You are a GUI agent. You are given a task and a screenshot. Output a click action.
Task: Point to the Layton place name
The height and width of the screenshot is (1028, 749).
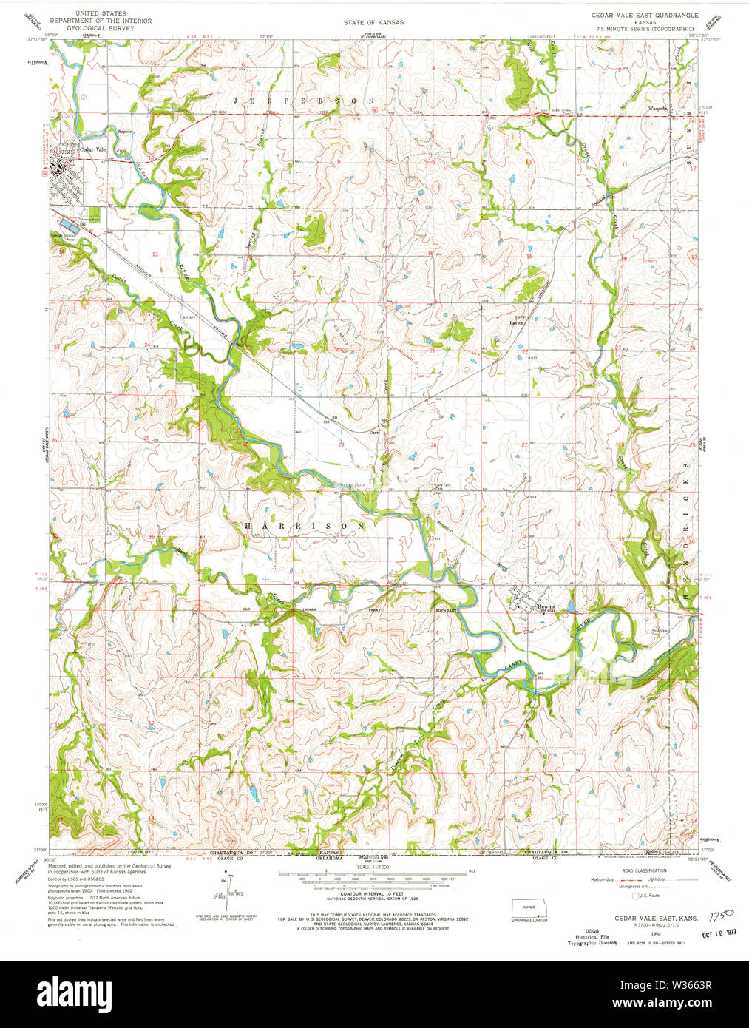tap(517, 322)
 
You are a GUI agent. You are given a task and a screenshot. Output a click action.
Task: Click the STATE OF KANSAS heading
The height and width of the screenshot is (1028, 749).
tap(373, 23)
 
